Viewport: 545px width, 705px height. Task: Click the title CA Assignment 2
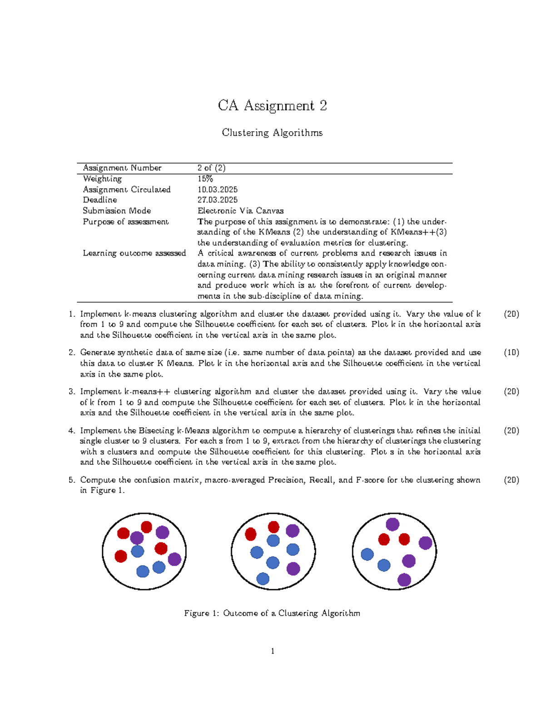pyautogui.click(x=272, y=106)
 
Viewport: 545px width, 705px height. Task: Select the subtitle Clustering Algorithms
pyautogui.click(x=272, y=133)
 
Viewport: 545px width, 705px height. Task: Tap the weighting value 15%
pyautogui.click(x=205, y=179)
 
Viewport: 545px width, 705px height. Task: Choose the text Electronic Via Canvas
pyautogui.click(x=240, y=211)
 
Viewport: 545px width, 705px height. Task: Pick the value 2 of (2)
pyautogui.click(x=211, y=168)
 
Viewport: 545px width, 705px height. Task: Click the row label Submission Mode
pyautogui.click(x=117, y=211)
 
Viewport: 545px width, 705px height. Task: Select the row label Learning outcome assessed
pyautogui.click(x=134, y=253)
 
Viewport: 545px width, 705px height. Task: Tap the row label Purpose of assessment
pyautogui.click(x=125, y=222)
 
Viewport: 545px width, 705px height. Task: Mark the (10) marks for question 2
pyautogui.click(x=511, y=352)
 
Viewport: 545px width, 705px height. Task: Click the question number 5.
pyautogui.click(x=72, y=480)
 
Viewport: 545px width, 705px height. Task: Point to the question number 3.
pyautogui.click(x=72, y=391)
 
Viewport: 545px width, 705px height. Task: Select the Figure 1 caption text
pyautogui.click(x=272, y=613)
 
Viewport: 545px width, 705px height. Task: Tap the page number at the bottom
pyautogui.click(x=272, y=651)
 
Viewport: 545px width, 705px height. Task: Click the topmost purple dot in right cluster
pyautogui.click(x=392, y=524)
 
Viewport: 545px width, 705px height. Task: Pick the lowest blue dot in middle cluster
pyautogui.click(x=263, y=578)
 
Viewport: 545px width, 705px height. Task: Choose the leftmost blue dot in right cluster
pyautogui.click(x=367, y=554)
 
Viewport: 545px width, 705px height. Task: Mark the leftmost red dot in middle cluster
pyautogui.click(x=251, y=534)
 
